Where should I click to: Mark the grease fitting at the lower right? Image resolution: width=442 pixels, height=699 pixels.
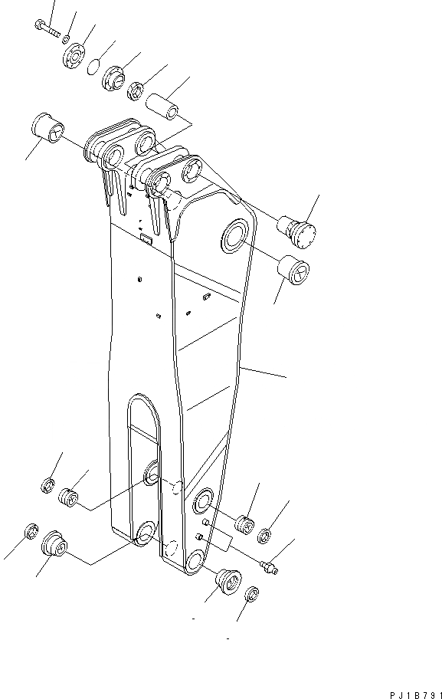click(270, 567)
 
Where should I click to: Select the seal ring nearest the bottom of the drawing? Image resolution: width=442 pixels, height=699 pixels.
click(252, 595)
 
